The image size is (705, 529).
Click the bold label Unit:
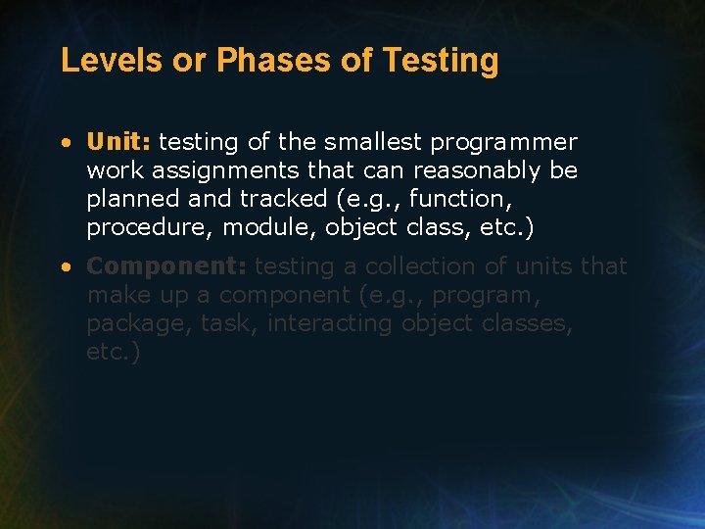point(118,142)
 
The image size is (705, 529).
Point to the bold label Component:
point(167,266)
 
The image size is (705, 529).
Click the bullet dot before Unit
point(65,143)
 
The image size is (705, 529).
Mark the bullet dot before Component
point(65,267)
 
